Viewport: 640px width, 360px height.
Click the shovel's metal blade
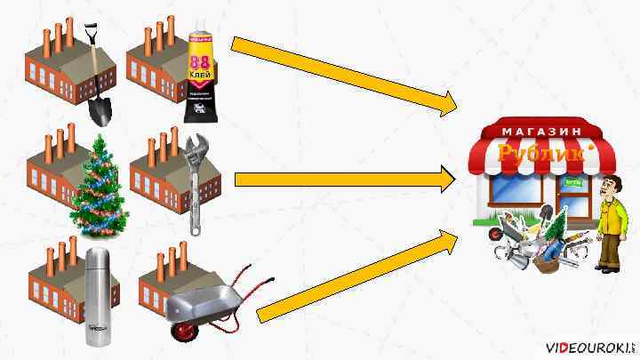click(101, 108)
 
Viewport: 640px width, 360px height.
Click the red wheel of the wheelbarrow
click(184, 331)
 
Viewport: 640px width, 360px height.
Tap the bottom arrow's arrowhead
click(449, 238)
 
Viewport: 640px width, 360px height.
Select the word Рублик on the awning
click(533, 154)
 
